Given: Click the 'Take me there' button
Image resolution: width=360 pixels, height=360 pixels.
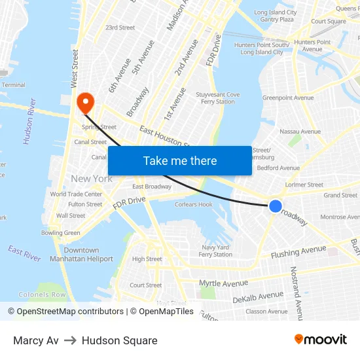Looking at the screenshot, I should tap(180, 161).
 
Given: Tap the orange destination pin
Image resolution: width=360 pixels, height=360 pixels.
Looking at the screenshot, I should tap(85, 102).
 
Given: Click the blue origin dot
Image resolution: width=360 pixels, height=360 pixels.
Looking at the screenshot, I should tap(276, 206).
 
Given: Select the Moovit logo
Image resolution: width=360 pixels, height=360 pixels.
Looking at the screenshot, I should tap(321, 340).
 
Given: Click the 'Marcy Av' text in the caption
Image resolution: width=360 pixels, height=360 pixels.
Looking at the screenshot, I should tap(36, 340).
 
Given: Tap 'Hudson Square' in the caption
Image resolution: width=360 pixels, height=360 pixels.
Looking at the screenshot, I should tap(120, 340).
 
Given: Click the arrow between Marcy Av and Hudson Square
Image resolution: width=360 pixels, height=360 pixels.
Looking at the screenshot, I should tap(70, 340).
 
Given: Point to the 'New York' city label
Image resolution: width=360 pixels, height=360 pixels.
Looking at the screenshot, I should tap(92, 179).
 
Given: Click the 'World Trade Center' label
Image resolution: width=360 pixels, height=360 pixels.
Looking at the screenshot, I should tap(76, 194).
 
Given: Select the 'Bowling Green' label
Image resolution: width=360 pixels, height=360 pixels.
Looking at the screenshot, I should tap(61, 233).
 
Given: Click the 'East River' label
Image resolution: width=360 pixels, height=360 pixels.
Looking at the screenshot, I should tap(24, 253).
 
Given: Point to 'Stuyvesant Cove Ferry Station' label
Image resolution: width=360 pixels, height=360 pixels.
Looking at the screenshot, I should tap(218, 98).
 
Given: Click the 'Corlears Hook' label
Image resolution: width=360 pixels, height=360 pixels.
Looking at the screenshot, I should tap(193, 204).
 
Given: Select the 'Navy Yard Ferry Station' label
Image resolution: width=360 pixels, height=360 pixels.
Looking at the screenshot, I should tap(216, 251).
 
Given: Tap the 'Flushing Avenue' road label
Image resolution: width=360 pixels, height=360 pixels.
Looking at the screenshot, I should tap(298, 251).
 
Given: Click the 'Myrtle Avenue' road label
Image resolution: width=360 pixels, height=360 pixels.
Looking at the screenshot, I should tap(224, 283).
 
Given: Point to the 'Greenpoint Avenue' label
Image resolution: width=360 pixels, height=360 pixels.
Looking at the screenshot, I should tap(288, 98).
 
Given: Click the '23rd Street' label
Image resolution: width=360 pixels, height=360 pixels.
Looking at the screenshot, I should tap(120, 27).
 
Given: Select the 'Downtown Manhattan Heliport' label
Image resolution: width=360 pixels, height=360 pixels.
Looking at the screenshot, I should tap(81, 255).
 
